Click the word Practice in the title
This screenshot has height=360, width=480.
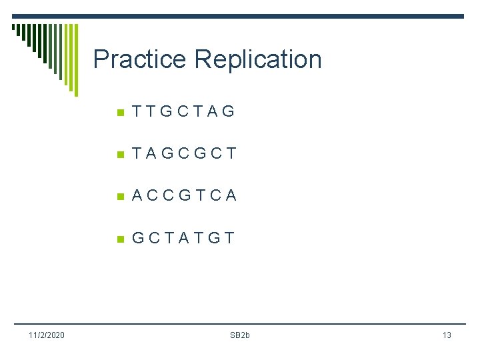[140, 59]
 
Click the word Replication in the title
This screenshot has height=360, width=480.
[258, 59]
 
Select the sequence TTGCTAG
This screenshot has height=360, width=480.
[183, 111]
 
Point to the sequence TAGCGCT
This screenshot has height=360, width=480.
[184, 153]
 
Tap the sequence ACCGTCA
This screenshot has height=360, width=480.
[184, 195]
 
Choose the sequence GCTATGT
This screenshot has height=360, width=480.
[183, 238]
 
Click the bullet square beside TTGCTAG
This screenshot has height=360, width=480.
[120, 112]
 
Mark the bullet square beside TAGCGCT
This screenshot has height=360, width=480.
[120, 154]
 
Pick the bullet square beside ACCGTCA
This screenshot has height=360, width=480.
[120, 196]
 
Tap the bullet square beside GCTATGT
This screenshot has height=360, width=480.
[120, 239]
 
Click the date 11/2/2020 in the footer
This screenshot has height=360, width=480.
[46, 335]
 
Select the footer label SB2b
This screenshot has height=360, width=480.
[239, 335]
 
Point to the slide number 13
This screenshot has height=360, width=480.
[447, 335]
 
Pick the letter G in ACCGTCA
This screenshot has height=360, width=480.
[184, 195]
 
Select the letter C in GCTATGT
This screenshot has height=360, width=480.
[154, 238]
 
